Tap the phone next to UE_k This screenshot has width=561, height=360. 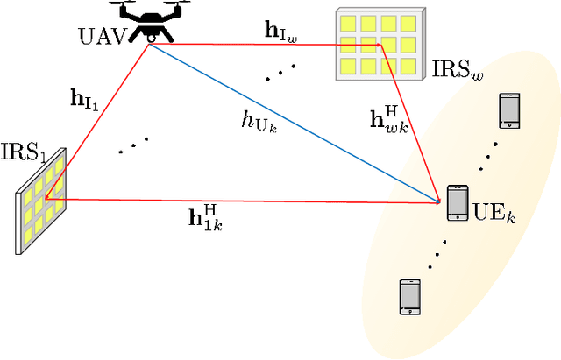pyautogui.click(x=457, y=202)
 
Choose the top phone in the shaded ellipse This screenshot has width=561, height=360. pyautogui.click(x=508, y=110)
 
